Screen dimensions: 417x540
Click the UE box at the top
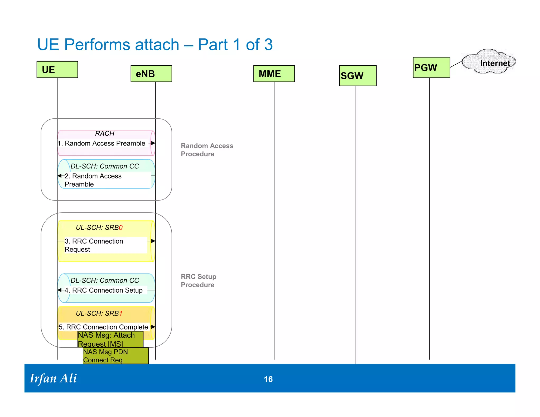57,70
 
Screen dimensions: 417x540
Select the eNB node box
151,74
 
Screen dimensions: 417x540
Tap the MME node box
274,74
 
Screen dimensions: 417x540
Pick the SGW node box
358,76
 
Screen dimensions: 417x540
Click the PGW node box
431,67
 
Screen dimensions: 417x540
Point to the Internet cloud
489,62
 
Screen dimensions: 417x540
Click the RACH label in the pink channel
105,134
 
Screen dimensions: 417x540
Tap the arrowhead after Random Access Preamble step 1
153,143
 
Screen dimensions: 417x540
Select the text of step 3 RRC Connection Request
94,245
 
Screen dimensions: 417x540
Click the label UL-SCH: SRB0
99,227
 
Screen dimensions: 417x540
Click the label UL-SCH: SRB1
99,313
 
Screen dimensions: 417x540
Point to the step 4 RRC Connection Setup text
104,290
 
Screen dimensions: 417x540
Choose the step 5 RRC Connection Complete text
103,327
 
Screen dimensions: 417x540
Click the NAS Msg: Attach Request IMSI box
110,340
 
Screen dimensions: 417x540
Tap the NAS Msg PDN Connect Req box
115,356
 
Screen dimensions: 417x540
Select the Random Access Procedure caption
207,150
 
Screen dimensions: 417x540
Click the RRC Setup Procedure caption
199,281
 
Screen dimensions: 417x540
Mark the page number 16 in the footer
268,379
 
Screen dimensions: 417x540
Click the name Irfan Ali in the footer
53,379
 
